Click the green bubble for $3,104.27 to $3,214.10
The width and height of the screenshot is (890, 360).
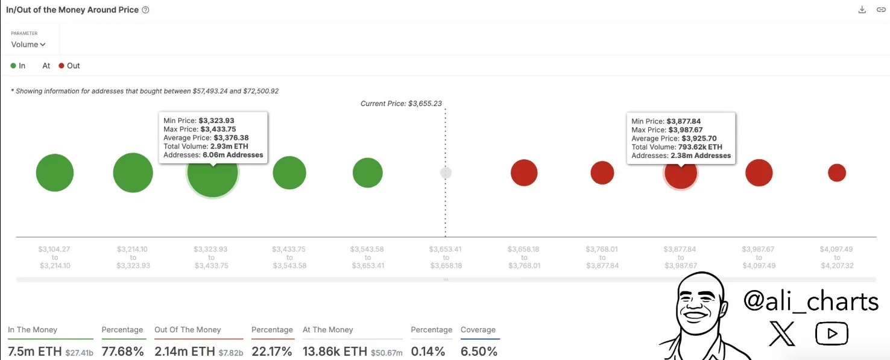(x=55, y=172)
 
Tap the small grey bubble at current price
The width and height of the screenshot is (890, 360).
(x=446, y=172)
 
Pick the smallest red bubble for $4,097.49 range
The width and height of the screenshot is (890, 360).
(x=837, y=172)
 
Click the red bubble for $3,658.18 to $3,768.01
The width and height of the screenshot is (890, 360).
(x=524, y=172)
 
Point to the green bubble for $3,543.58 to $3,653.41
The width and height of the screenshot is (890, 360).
(x=367, y=172)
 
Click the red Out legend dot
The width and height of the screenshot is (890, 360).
(x=62, y=66)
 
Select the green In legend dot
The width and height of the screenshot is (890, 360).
(x=13, y=66)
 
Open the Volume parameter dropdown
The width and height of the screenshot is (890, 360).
(x=28, y=45)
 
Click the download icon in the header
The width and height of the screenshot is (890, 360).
(x=862, y=10)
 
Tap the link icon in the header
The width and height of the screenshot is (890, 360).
(x=880, y=10)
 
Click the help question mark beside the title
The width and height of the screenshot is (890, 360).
(x=145, y=10)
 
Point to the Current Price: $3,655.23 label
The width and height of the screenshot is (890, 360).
(x=401, y=104)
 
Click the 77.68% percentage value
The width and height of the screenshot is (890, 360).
(x=122, y=351)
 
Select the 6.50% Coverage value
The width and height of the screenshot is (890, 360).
(x=479, y=351)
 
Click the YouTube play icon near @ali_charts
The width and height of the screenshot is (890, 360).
(x=832, y=333)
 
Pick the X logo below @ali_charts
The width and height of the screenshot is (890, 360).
(x=782, y=333)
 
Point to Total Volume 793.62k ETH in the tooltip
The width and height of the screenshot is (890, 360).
(x=677, y=147)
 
